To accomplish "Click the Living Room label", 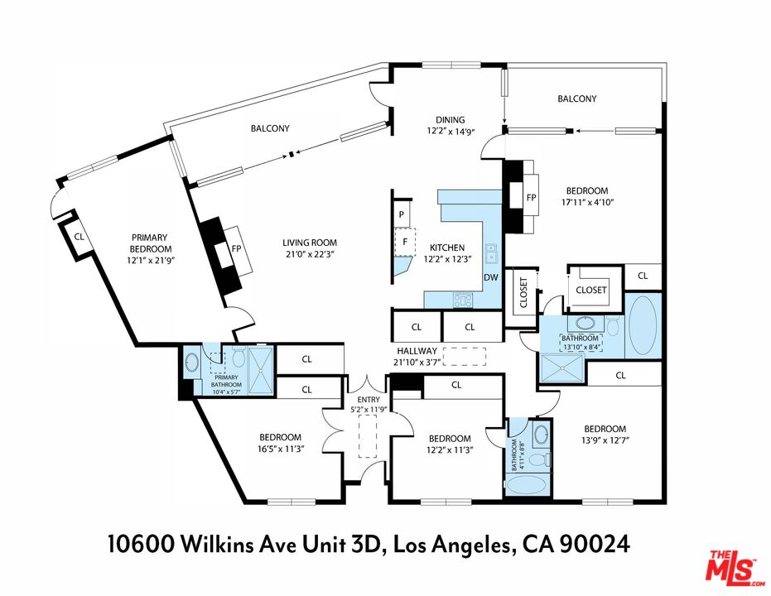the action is (x=310, y=243).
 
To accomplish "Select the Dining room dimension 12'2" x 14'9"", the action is (x=451, y=131).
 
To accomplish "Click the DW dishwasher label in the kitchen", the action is (x=491, y=277).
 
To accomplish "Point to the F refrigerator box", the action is (x=405, y=242).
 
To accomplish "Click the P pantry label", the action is (x=402, y=214).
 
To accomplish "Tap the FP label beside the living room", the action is (x=236, y=248).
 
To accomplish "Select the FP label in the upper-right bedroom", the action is (x=531, y=198).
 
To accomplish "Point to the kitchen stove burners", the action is (x=463, y=299).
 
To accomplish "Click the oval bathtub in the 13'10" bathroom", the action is (x=643, y=324).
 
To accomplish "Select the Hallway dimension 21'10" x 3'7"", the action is (x=416, y=362).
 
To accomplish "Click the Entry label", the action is (x=369, y=400).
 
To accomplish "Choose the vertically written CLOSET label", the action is (x=523, y=293).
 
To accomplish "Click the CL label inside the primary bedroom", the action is (x=80, y=237).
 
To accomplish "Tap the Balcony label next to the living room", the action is (x=270, y=128).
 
